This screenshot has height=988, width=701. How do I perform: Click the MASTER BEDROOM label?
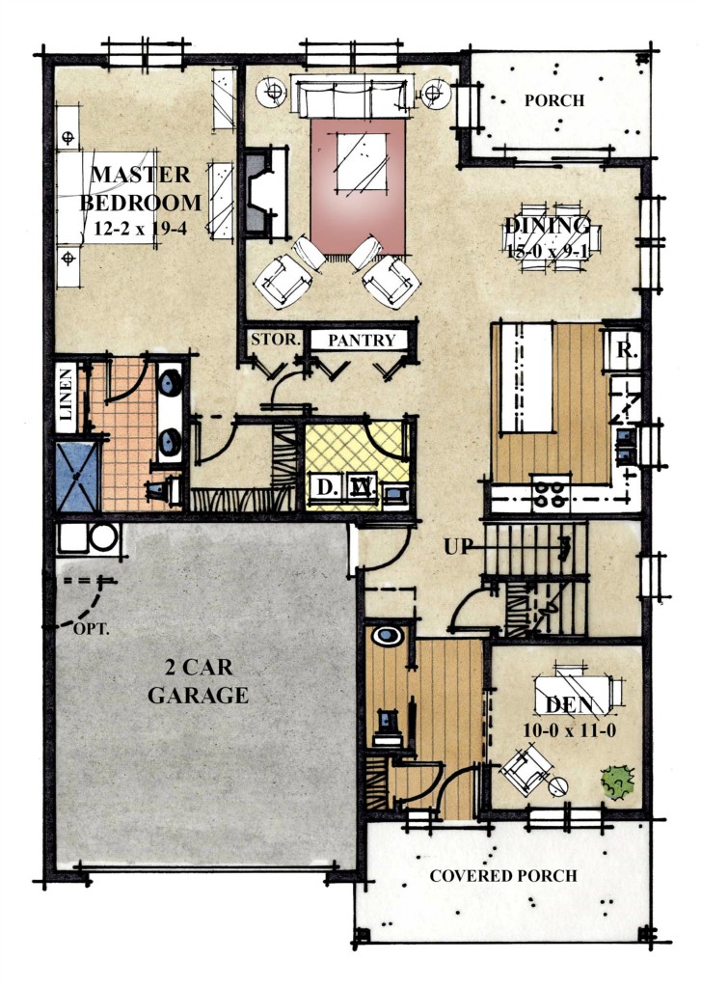pyautogui.click(x=141, y=188)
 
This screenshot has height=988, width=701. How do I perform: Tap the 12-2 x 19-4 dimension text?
pyautogui.click(x=141, y=229)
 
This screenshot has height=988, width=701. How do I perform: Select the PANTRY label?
pyautogui.click(x=362, y=341)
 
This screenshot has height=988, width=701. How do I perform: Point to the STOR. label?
pyautogui.click(x=275, y=339)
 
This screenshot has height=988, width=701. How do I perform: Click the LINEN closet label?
pyautogui.click(x=67, y=395)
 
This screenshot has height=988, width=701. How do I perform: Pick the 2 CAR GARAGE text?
pyautogui.click(x=198, y=681)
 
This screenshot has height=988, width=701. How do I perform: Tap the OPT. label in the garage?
pyautogui.click(x=92, y=628)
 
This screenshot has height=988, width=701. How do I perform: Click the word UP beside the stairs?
pyautogui.click(x=458, y=546)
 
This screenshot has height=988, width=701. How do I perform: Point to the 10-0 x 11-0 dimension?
pyautogui.click(x=569, y=730)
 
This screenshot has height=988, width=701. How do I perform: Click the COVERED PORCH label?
pyautogui.click(x=503, y=876)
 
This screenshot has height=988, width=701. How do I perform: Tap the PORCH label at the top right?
pyautogui.click(x=554, y=100)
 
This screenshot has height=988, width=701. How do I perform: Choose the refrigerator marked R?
pyautogui.click(x=623, y=350)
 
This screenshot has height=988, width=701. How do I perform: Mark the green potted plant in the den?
pyautogui.click(x=617, y=782)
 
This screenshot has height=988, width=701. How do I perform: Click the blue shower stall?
pyautogui.click(x=77, y=477)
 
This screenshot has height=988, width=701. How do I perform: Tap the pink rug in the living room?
pyautogui.click(x=357, y=187)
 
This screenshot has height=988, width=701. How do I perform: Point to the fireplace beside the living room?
pyautogui.click(x=265, y=192)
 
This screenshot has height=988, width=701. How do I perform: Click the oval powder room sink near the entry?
pyautogui.click(x=388, y=636)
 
